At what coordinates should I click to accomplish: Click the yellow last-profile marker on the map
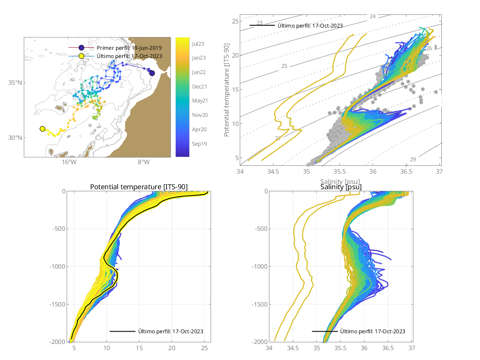(x=42, y=129)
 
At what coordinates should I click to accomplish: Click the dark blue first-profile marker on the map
(x=152, y=73)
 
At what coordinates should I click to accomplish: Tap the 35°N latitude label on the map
(x=15, y=83)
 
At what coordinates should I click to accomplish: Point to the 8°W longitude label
(x=143, y=163)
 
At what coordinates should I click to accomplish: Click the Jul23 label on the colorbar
(x=198, y=44)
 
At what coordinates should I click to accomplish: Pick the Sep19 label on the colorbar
(x=199, y=144)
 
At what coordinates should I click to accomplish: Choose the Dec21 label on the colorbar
(x=199, y=86)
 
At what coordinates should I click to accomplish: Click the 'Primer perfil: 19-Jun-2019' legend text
(x=129, y=48)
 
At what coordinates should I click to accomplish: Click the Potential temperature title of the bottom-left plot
(x=139, y=187)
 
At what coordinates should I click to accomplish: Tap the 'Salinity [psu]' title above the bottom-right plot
(x=341, y=187)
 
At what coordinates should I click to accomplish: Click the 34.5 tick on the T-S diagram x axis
(x=274, y=171)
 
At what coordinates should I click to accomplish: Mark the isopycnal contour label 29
(x=413, y=159)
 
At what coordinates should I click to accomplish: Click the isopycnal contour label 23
(x=260, y=23)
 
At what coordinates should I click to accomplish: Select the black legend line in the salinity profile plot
(x=325, y=331)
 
